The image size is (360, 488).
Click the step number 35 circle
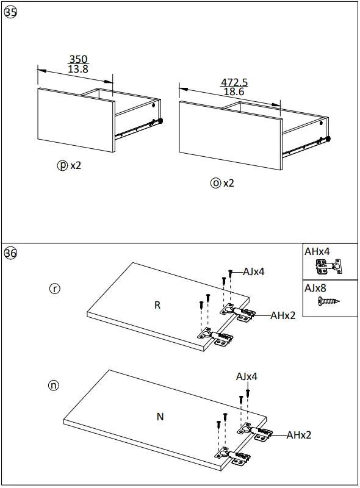(x=10, y=14)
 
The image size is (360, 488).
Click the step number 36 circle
(x=10, y=253)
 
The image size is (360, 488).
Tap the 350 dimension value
(x=77, y=59)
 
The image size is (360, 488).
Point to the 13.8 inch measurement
(x=77, y=70)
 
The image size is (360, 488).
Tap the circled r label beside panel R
(x=55, y=289)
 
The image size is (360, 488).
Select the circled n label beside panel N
(x=55, y=385)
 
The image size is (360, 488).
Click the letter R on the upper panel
(x=157, y=305)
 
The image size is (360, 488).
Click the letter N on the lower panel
(x=160, y=417)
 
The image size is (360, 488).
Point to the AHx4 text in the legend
(x=318, y=251)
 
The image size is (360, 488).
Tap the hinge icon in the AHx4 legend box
(x=328, y=266)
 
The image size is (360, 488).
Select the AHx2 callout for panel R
(x=283, y=315)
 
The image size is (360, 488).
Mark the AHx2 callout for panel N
(x=299, y=435)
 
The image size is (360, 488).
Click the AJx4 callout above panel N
(x=247, y=377)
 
